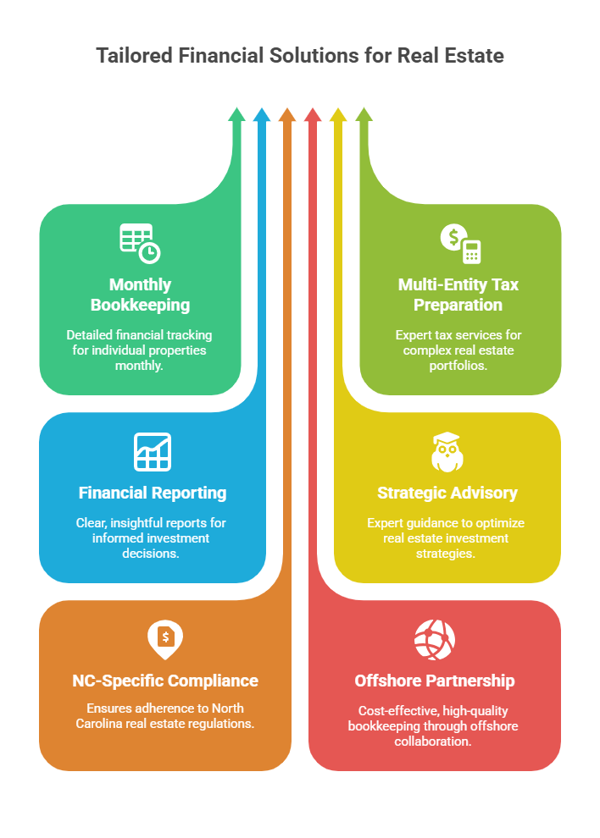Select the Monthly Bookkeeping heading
tap(140, 295)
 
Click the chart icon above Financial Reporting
tap(153, 451)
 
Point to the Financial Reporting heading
tap(153, 493)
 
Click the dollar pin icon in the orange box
tap(165, 639)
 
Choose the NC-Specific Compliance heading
tap(165, 681)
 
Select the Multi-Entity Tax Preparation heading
tap(460, 295)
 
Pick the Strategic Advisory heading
tap(447, 493)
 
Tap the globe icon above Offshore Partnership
tap(434, 639)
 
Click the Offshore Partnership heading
tap(434, 681)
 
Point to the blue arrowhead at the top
tap(262, 115)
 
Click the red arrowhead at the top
tap(313, 115)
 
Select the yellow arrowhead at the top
tap(338, 115)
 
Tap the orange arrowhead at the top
tap(287, 115)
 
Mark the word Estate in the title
tap(473, 56)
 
